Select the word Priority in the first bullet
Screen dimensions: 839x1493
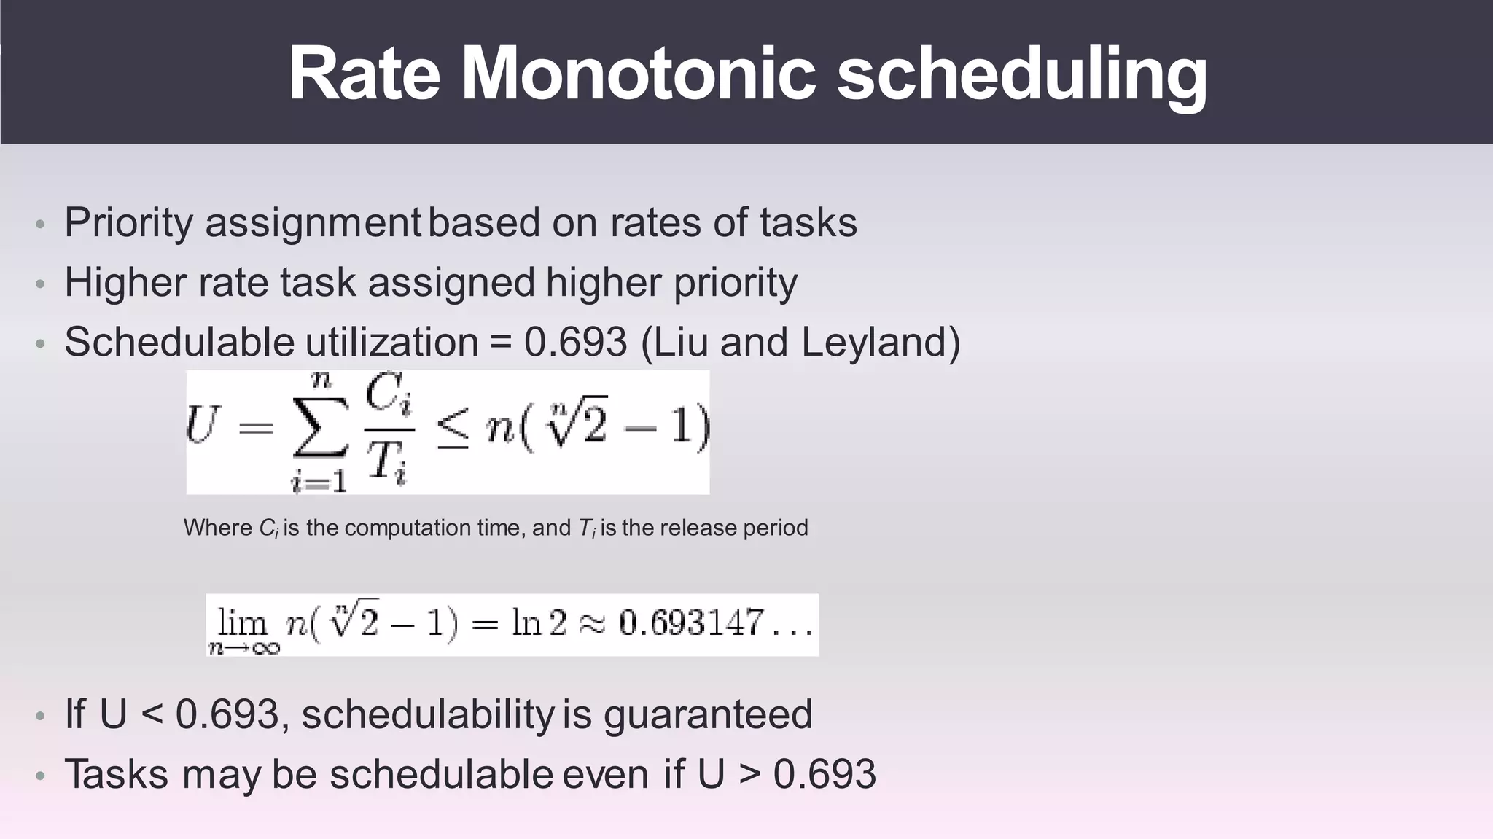(x=128, y=223)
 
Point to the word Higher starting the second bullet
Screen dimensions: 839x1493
(x=125, y=283)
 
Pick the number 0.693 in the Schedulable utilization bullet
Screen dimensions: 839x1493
(x=575, y=342)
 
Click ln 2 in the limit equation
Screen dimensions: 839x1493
(x=539, y=624)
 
